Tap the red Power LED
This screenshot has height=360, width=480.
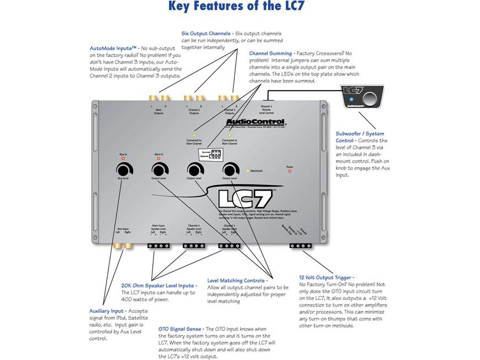(x=289, y=171)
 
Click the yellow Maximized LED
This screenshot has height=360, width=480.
(x=247, y=171)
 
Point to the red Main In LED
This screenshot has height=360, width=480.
(x=159, y=159)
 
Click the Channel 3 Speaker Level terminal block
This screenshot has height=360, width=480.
(x=229, y=246)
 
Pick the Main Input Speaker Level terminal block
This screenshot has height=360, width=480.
(x=159, y=246)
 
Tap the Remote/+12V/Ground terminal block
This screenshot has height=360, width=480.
(x=302, y=246)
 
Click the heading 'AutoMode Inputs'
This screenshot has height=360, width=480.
(x=113, y=48)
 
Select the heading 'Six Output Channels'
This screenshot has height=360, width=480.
(x=206, y=34)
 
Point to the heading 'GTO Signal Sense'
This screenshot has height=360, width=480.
(x=181, y=329)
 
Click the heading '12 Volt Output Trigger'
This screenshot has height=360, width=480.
(x=326, y=278)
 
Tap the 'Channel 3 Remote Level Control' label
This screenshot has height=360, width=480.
(x=266, y=109)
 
